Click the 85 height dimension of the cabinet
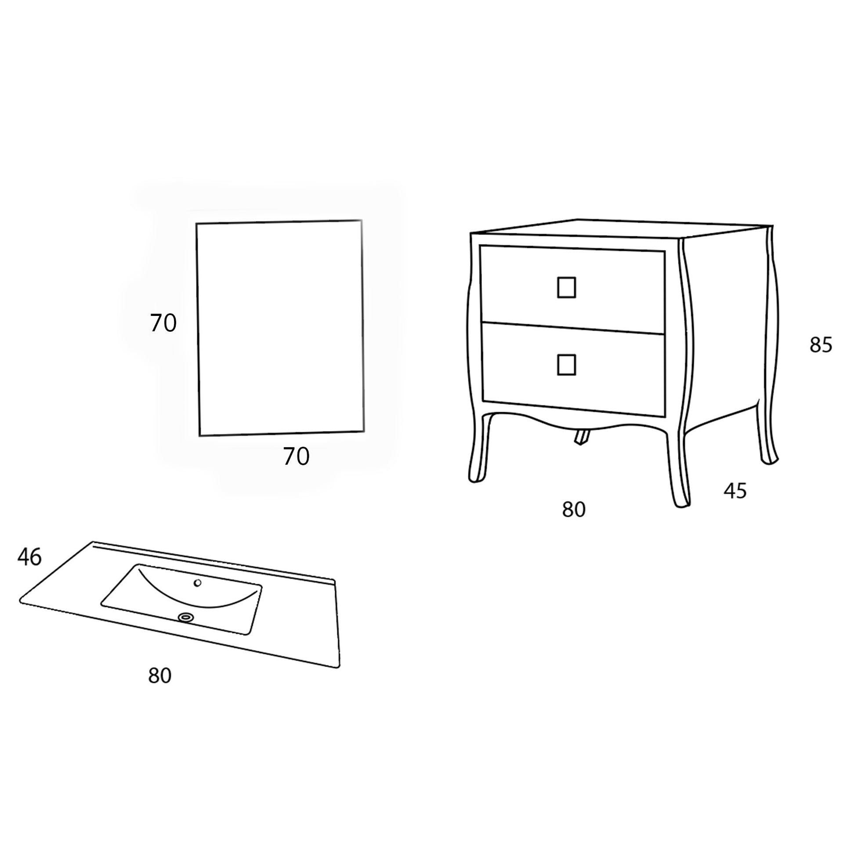821,345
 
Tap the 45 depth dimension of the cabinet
735,491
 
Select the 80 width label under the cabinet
574,510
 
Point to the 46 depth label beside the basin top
29,557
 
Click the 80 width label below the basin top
160,676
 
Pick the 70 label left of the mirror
163,323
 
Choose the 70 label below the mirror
296,456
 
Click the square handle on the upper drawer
566,288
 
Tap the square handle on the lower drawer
566,365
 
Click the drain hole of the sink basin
186,617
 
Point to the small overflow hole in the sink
198,583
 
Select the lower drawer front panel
573,370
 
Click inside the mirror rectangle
280,327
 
